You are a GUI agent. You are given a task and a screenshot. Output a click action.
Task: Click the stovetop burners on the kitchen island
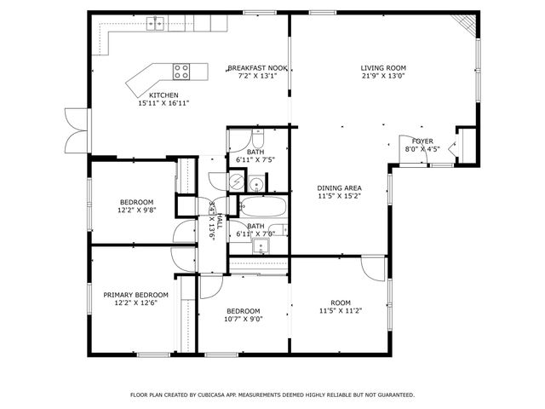182,71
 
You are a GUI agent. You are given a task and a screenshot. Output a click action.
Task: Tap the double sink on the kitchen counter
157,20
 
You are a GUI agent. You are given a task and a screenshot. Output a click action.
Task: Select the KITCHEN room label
163,95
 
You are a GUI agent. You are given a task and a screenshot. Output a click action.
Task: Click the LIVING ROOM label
383,67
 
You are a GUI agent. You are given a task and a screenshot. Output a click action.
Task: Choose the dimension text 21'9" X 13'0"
383,76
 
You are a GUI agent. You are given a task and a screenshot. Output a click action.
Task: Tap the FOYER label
422,141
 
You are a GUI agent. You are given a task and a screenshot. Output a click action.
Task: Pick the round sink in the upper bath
255,182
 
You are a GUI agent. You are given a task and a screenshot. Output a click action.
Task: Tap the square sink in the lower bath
261,247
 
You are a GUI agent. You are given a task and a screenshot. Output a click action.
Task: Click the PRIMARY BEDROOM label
136,295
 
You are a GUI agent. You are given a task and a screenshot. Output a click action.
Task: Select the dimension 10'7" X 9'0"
243,320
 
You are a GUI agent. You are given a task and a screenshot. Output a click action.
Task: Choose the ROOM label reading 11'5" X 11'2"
341,302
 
